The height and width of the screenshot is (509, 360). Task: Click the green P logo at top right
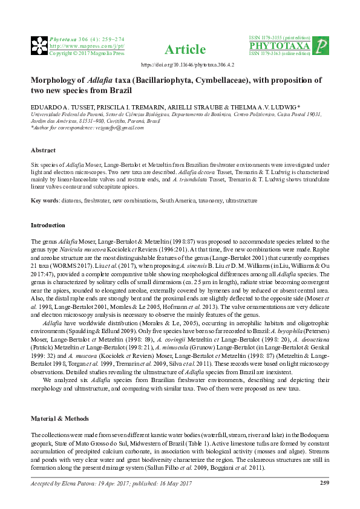point(322,45)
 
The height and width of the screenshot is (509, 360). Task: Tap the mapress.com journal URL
point(86,45)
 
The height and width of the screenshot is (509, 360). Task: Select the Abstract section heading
point(43,150)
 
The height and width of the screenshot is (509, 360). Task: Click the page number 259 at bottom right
point(324,482)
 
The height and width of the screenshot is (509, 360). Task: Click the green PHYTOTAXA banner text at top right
point(280,46)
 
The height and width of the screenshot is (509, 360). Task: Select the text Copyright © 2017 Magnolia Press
point(86,53)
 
